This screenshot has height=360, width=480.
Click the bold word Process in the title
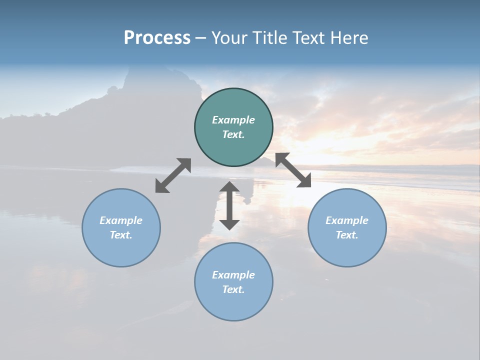(x=157, y=38)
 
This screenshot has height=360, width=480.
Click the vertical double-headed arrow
(x=229, y=205)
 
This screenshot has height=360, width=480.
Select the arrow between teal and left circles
(x=173, y=175)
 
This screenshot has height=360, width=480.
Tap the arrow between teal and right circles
(x=293, y=170)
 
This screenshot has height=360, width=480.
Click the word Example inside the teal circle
(x=233, y=120)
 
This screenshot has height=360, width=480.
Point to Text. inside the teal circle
(x=233, y=134)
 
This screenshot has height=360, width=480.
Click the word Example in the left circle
(x=121, y=220)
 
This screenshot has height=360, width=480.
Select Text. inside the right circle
(x=347, y=235)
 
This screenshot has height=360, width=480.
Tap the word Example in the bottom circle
(x=233, y=275)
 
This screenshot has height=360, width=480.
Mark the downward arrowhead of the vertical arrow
(x=229, y=223)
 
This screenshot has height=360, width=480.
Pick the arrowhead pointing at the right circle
(x=304, y=181)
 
